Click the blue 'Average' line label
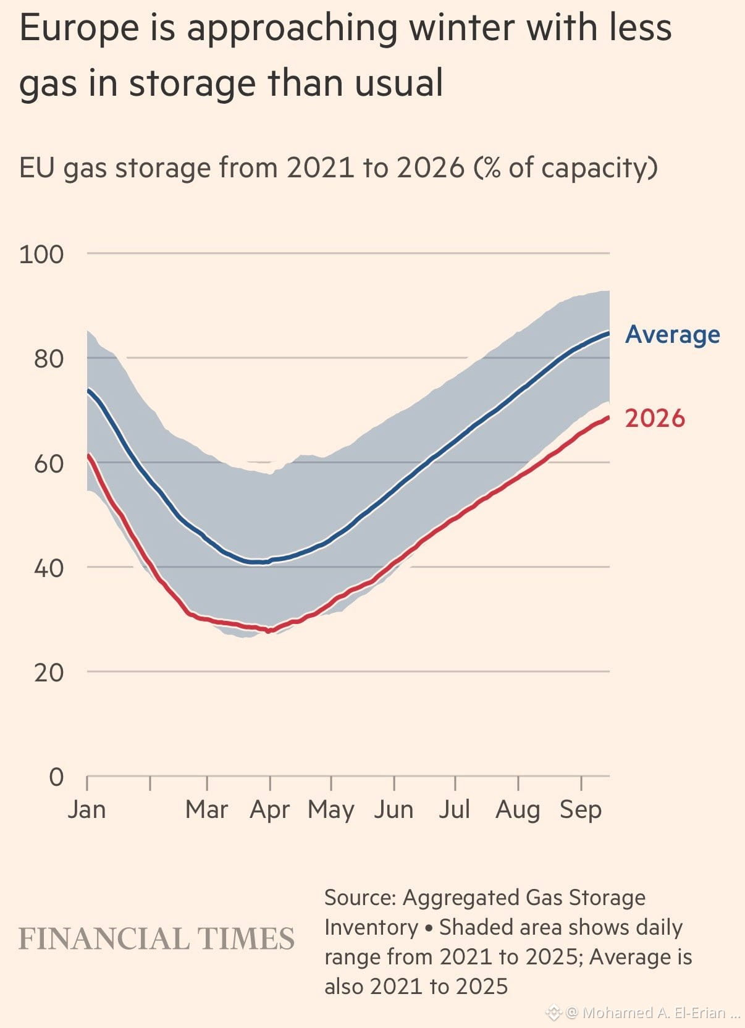click(673, 335)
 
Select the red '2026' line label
click(655, 418)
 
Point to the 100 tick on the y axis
click(41, 255)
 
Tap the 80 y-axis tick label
click(49, 359)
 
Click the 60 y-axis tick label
click(49, 464)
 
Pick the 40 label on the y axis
click(49, 568)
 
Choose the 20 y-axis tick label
click(49, 673)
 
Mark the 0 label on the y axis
click(56, 777)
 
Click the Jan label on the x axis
click(86, 809)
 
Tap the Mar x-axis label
click(206, 809)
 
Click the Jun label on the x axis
click(394, 809)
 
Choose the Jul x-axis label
click(455, 809)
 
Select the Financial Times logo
click(156, 938)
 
